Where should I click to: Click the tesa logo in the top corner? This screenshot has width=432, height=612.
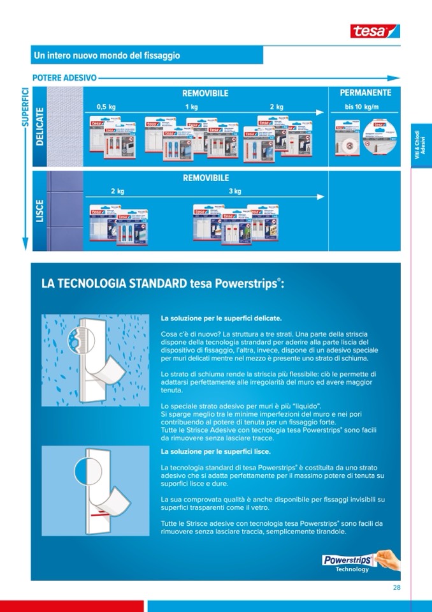(x=375, y=30)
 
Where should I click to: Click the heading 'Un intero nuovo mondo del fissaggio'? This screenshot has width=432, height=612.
(x=107, y=56)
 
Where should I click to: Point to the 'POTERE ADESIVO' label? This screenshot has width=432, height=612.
(x=59, y=78)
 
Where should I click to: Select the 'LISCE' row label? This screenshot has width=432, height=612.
(x=40, y=211)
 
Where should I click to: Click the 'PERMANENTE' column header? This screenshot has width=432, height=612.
(x=366, y=93)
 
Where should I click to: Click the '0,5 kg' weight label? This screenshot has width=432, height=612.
(x=106, y=107)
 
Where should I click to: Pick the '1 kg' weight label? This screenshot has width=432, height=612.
(x=192, y=107)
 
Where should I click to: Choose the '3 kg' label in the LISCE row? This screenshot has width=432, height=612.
(x=235, y=191)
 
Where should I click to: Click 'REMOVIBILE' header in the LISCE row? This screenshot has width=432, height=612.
(x=205, y=178)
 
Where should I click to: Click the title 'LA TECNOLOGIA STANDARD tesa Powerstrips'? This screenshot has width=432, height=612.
(x=162, y=283)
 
